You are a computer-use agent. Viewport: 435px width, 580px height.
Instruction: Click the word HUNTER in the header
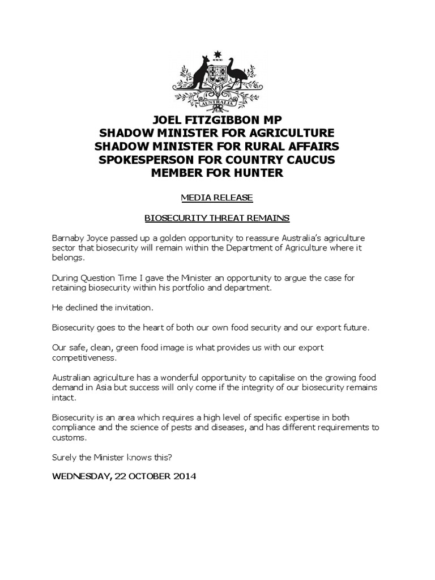pos(255,173)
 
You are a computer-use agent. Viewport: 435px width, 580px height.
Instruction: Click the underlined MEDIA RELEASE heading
pos(217,198)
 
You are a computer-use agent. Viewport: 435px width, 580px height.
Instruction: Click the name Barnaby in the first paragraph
pos(69,237)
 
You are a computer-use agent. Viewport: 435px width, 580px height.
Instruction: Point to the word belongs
pos(68,258)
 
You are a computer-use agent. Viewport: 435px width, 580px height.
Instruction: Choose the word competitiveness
pos(83,357)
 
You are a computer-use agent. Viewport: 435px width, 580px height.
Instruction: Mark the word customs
pos(69,437)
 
